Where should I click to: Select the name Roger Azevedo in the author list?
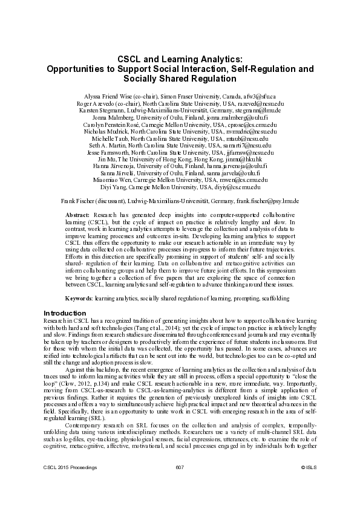93,104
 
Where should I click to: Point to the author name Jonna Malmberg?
114,118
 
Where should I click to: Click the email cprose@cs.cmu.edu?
253,125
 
